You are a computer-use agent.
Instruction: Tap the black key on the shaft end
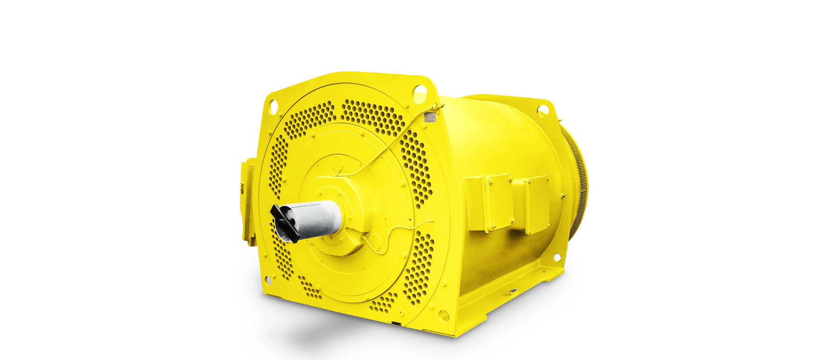[x=284, y=223]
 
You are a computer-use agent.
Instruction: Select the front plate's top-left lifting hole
[x=272, y=106]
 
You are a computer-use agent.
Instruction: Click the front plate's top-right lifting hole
[x=420, y=90]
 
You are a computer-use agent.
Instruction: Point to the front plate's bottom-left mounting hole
[x=268, y=280]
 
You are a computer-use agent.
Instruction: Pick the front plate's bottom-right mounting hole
[x=444, y=316]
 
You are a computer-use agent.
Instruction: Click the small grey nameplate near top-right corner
[x=429, y=117]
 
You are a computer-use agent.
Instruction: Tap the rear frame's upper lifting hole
[x=543, y=110]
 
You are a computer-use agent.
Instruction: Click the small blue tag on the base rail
[x=513, y=291]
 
